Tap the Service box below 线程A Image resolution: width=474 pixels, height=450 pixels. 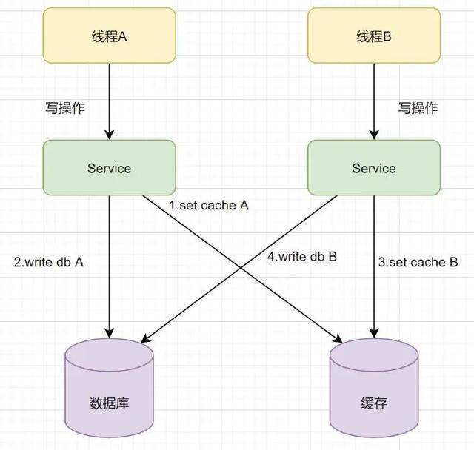(109, 168)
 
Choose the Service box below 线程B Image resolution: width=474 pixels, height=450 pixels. (374, 168)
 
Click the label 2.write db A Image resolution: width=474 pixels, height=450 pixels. (48, 261)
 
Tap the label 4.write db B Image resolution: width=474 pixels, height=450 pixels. (301, 257)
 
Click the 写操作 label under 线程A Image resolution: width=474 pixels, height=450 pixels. (65, 108)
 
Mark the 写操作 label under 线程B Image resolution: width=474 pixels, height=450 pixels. (418, 108)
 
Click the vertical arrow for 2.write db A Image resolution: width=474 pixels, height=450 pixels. (110, 266)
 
